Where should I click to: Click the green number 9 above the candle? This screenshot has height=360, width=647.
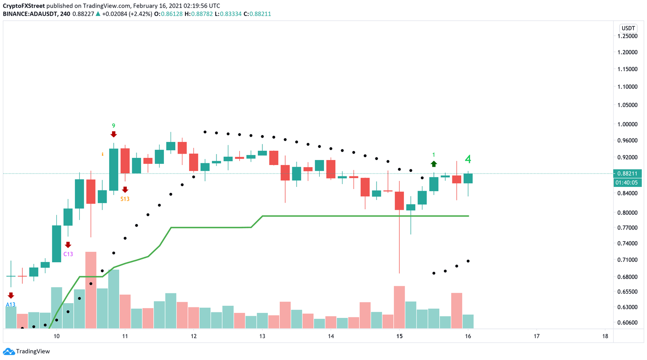coord(113,125)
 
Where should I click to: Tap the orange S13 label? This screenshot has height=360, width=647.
coord(125,199)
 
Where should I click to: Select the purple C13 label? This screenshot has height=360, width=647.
coord(68,254)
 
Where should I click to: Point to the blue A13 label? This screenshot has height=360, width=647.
coord(11,304)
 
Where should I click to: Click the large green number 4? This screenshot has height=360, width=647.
coord(468,159)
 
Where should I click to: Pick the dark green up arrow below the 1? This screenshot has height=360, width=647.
coord(434,164)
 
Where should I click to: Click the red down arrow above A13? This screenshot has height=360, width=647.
coord(11,296)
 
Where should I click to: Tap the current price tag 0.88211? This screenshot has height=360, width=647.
coord(627,173)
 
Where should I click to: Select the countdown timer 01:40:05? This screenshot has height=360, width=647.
coord(627,183)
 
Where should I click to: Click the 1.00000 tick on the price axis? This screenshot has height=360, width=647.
coord(627,124)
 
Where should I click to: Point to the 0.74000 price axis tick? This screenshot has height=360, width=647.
coord(627,243)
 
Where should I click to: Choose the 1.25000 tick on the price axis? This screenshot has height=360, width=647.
coord(627,36)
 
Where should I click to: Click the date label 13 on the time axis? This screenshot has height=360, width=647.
coord(262,336)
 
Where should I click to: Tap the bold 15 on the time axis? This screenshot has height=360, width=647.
coord(399,336)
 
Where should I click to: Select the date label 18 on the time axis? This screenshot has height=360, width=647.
coord(605,336)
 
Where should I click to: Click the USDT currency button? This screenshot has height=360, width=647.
coord(628,28)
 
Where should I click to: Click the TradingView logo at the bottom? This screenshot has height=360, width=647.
coord(27,351)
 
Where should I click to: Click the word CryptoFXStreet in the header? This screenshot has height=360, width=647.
coord(24,6)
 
